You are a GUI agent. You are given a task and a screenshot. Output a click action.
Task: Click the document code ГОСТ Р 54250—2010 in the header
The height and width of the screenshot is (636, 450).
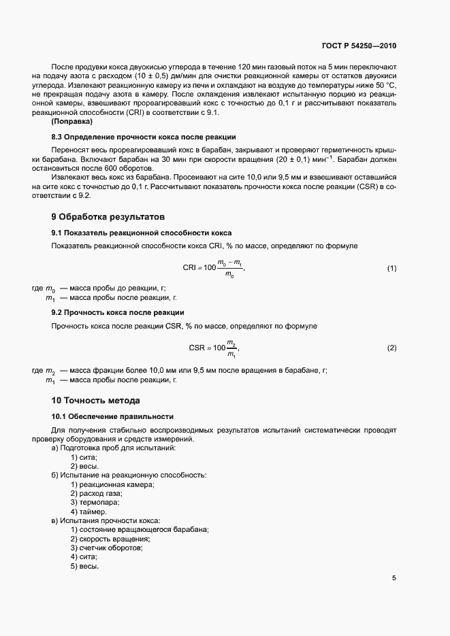(x=358, y=46)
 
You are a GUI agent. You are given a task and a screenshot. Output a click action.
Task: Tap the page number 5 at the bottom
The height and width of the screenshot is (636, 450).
(x=393, y=578)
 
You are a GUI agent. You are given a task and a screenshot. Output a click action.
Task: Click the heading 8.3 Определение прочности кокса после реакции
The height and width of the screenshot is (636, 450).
(x=144, y=137)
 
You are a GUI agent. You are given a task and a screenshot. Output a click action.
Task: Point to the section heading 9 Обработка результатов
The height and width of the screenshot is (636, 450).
(x=108, y=218)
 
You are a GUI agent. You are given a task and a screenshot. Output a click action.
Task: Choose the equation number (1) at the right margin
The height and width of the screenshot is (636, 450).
(x=391, y=269)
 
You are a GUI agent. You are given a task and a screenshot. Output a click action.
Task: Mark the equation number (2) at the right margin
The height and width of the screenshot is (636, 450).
(x=391, y=348)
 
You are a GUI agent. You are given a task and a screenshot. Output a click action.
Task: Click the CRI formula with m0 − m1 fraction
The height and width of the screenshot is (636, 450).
(x=213, y=269)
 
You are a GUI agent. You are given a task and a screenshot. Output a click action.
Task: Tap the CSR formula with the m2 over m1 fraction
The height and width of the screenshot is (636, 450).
(x=214, y=348)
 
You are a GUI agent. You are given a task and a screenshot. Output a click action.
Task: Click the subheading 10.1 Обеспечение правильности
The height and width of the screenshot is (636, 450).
(x=112, y=416)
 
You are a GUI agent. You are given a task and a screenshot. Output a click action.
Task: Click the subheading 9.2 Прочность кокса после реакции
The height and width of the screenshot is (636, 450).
(x=117, y=312)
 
